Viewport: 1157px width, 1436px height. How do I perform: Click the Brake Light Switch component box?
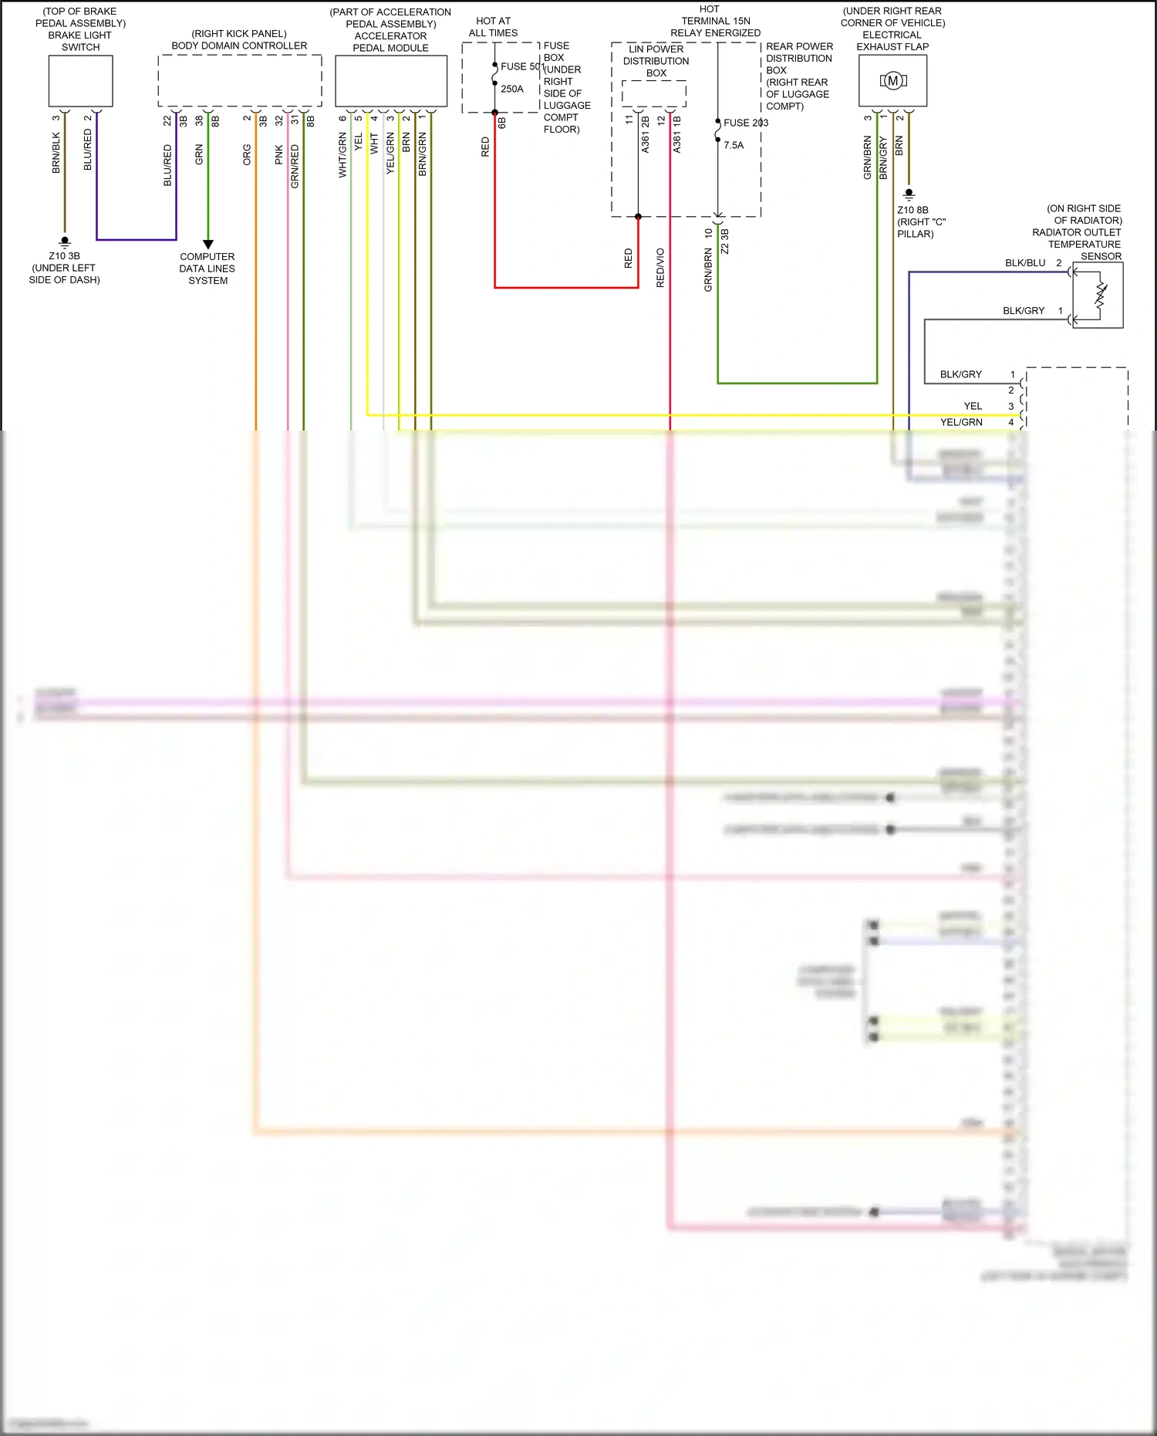(x=80, y=81)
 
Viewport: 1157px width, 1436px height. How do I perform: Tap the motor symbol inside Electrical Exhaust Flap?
(x=893, y=80)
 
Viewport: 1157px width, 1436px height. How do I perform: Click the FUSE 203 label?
(x=745, y=123)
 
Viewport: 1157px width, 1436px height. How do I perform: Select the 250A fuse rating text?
(x=511, y=89)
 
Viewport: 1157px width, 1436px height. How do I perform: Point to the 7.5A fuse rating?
(x=734, y=145)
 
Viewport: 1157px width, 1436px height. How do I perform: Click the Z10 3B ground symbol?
(x=65, y=242)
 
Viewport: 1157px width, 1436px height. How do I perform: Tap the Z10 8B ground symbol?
(x=909, y=194)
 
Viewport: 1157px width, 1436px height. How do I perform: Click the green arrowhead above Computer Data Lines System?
(x=207, y=244)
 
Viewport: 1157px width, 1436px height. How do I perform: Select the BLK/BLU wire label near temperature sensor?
(x=1024, y=263)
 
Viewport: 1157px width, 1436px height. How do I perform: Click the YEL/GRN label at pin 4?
(x=960, y=422)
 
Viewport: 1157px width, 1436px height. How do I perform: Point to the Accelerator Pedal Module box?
(x=391, y=81)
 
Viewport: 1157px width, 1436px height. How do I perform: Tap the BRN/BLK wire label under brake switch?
(x=56, y=152)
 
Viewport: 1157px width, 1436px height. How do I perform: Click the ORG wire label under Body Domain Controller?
(x=247, y=154)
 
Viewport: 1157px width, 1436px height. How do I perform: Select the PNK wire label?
(x=279, y=154)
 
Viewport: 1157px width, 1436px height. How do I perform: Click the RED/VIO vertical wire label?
(x=660, y=268)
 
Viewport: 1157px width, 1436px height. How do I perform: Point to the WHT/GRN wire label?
(x=342, y=155)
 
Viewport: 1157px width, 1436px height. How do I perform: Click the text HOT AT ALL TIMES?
(x=493, y=27)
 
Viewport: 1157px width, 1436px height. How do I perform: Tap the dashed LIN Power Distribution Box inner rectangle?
(x=654, y=93)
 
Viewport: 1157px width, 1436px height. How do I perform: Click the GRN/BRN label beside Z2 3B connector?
(x=708, y=269)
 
